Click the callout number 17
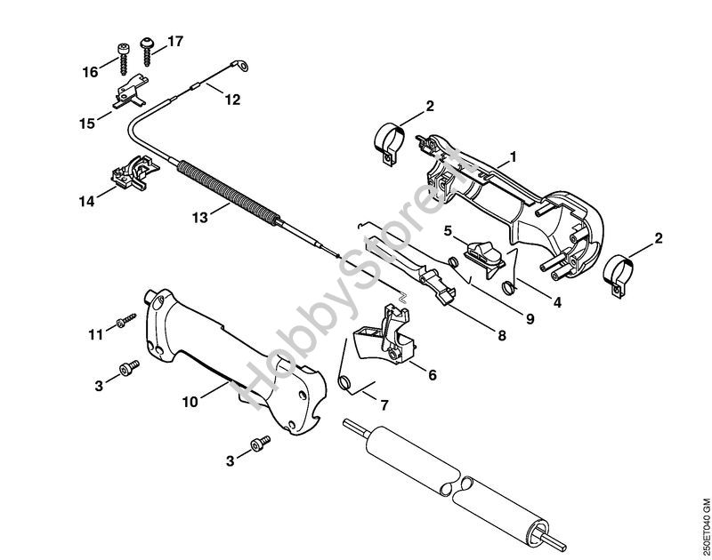[x=174, y=41]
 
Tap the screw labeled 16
[x=123, y=59]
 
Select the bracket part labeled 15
[x=130, y=92]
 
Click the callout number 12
[x=232, y=100]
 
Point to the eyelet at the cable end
[x=242, y=66]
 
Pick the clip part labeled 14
[x=135, y=172]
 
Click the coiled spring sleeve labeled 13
[x=227, y=193]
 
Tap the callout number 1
[x=514, y=157]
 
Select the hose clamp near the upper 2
[x=390, y=143]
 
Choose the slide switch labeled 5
[x=485, y=259]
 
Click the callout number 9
[x=530, y=319]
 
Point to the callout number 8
[x=502, y=335]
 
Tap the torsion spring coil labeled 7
[x=345, y=382]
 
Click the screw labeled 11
[x=126, y=320]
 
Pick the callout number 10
[x=190, y=401]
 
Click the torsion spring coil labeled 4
[x=508, y=286]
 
